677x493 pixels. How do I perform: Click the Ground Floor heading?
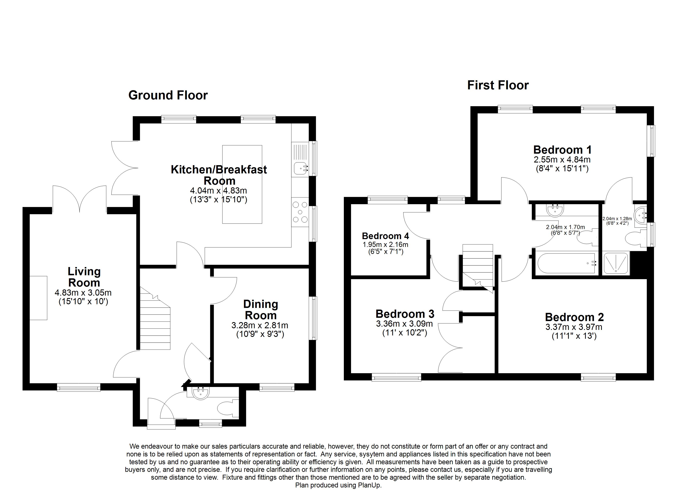[x=168, y=95]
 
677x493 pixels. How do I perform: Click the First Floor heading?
[x=498, y=85]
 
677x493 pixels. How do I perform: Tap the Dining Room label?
[x=261, y=310]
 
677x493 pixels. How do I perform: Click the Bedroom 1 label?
[x=562, y=150]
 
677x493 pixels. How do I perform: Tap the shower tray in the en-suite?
[x=616, y=263]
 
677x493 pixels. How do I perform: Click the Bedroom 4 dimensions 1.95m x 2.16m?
[x=385, y=245]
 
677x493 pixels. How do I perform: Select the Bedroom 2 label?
[x=574, y=317]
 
